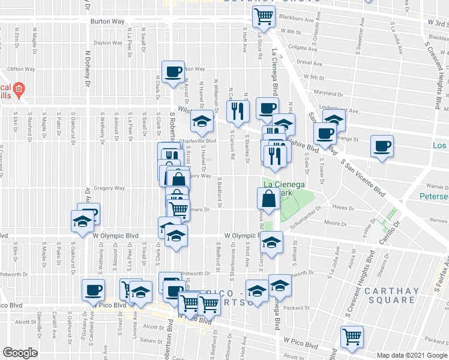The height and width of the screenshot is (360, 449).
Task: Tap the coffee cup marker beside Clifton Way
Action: pyautogui.click(x=173, y=72)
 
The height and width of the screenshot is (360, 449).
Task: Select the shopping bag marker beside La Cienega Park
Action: pyautogui.click(x=268, y=199)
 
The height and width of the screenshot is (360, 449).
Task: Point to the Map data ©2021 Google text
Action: pyautogui.click(x=412, y=355)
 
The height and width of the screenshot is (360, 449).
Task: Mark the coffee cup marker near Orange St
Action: pyautogui.click(x=381, y=146)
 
